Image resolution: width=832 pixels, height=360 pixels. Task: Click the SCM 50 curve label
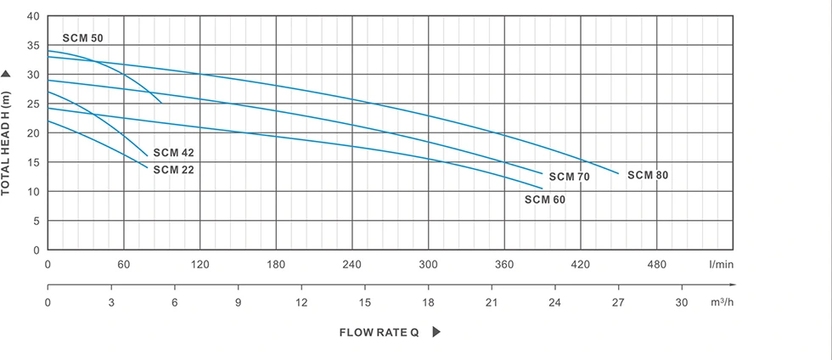(82, 39)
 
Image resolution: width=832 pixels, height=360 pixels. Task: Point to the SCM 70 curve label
(569, 177)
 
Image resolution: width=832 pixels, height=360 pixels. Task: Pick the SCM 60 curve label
(544, 200)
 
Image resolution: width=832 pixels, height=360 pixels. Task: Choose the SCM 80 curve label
(648, 175)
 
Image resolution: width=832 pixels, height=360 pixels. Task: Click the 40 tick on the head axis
(34, 16)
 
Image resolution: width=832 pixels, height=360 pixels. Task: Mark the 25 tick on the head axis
(34, 104)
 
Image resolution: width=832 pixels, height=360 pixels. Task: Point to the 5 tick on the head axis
(37, 222)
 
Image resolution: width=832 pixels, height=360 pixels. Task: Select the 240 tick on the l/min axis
(351, 265)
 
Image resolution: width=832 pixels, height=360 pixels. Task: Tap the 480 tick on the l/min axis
(656, 265)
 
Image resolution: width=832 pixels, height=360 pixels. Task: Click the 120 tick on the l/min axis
(200, 265)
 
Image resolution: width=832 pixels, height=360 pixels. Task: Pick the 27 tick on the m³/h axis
(618, 302)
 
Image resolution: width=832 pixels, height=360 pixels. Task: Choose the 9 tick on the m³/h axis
(238, 302)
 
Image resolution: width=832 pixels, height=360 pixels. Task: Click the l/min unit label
(721, 265)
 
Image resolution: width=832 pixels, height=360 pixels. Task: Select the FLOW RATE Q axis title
(379, 333)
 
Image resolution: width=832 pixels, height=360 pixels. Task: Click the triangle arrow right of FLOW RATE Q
(436, 332)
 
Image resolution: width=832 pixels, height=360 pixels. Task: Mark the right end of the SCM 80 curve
(619, 173)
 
